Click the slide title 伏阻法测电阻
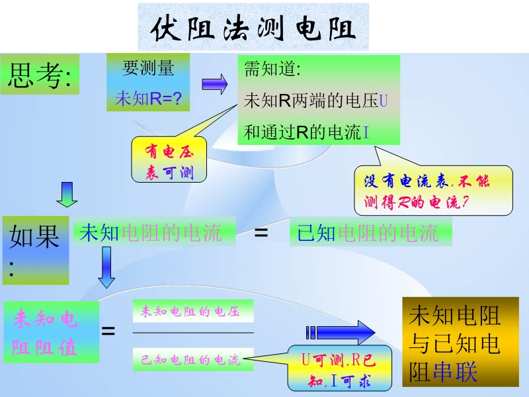pyautogui.click(x=253, y=28)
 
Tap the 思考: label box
pyautogui.click(x=40, y=76)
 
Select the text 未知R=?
pyautogui.click(x=148, y=99)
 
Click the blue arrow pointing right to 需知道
pyautogui.click(x=214, y=83)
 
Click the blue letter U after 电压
pyautogui.click(x=384, y=101)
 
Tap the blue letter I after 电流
pyautogui.click(x=366, y=132)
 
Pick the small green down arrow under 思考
pyautogui.click(x=67, y=193)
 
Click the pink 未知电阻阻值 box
pyautogui.click(x=51, y=333)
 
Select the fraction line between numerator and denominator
pyautogui.click(x=193, y=332)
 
